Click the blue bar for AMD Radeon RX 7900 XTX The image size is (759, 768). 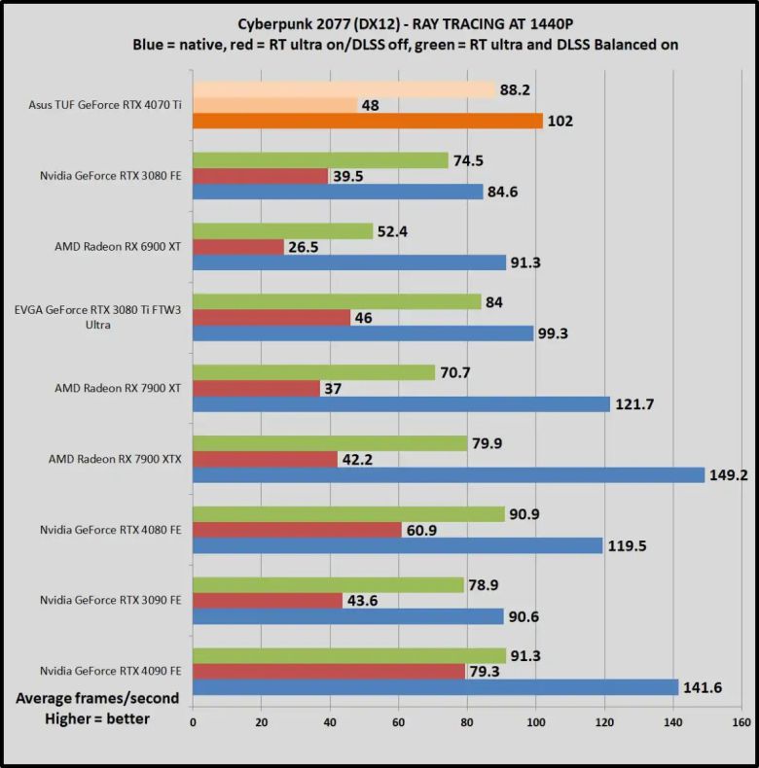(449, 475)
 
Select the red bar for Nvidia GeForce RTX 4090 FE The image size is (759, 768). (329, 672)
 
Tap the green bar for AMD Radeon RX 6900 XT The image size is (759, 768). (283, 231)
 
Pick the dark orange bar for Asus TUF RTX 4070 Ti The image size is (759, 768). (368, 122)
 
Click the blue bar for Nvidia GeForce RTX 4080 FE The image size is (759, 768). (398, 546)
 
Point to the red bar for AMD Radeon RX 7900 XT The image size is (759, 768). (257, 389)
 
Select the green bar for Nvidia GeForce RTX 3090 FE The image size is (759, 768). (329, 585)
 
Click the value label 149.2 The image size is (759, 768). (731, 476)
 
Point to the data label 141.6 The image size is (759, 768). (705, 688)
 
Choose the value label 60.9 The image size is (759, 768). (427, 531)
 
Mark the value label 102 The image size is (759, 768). (560, 122)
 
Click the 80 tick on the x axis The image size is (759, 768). (467, 723)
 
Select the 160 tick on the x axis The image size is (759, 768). (741, 723)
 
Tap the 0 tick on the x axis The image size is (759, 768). (193, 723)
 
